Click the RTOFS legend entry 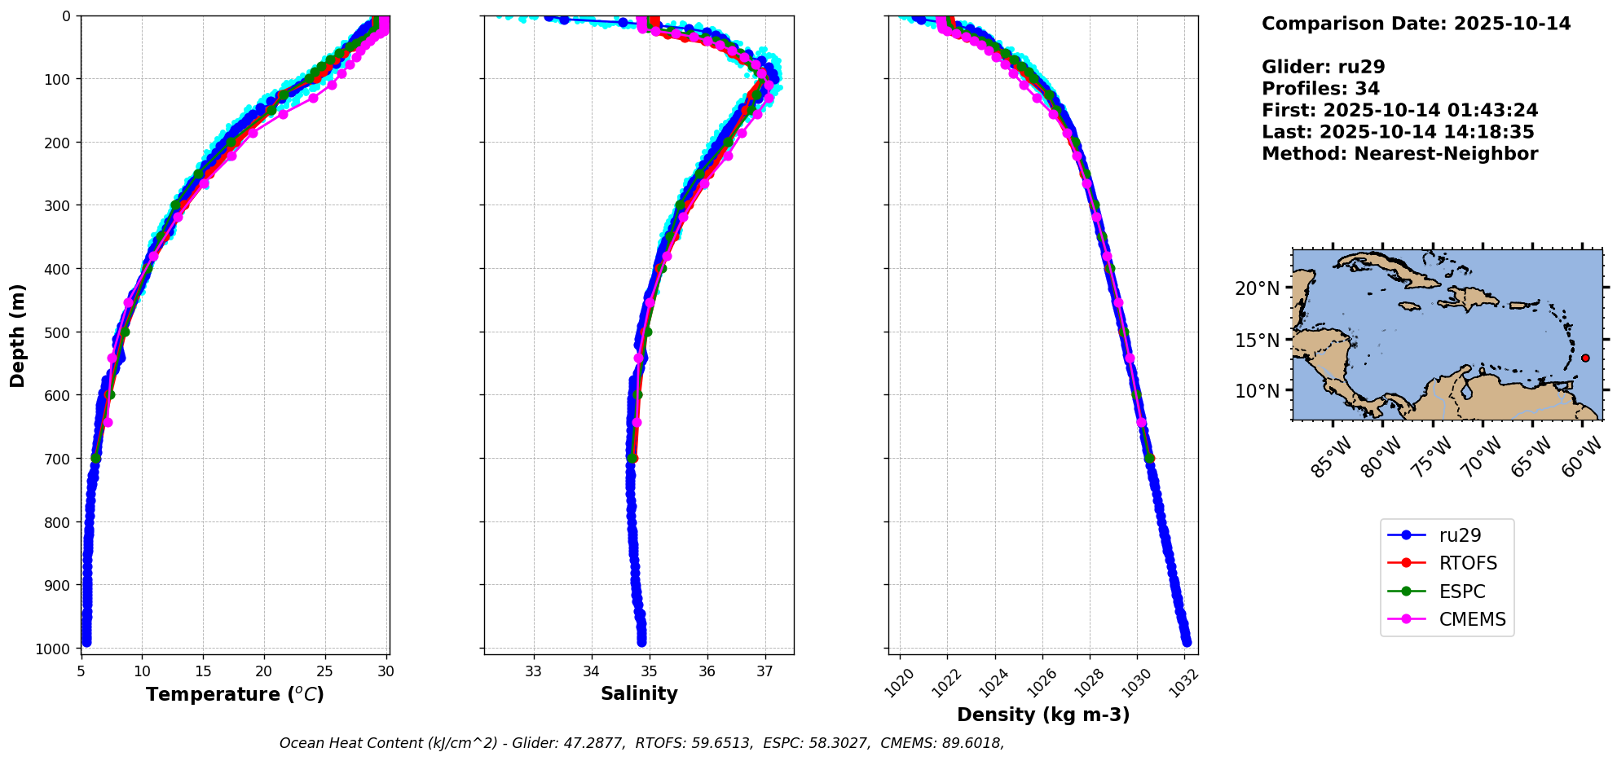click(x=1467, y=563)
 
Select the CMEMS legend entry click(x=1471, y=619)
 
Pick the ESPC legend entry click(x=1461, y=592)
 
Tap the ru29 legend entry click(x=1460, y=535)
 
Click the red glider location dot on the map click(x=1585, y=358)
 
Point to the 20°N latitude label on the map click(x=1257, y=288)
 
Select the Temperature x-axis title click(x=235, y=694)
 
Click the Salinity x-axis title click(x=639, y=693)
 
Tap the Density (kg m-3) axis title click(x=1043, y=715)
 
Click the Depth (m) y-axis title click(x=18, y=335)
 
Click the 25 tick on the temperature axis click(x=325, y=671)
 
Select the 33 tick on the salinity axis click(x=534, y=671)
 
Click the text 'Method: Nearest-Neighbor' click(x=1399, y=154)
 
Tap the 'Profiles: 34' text click(x=1320, y=89)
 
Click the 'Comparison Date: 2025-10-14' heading click(x=1416, y=24)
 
